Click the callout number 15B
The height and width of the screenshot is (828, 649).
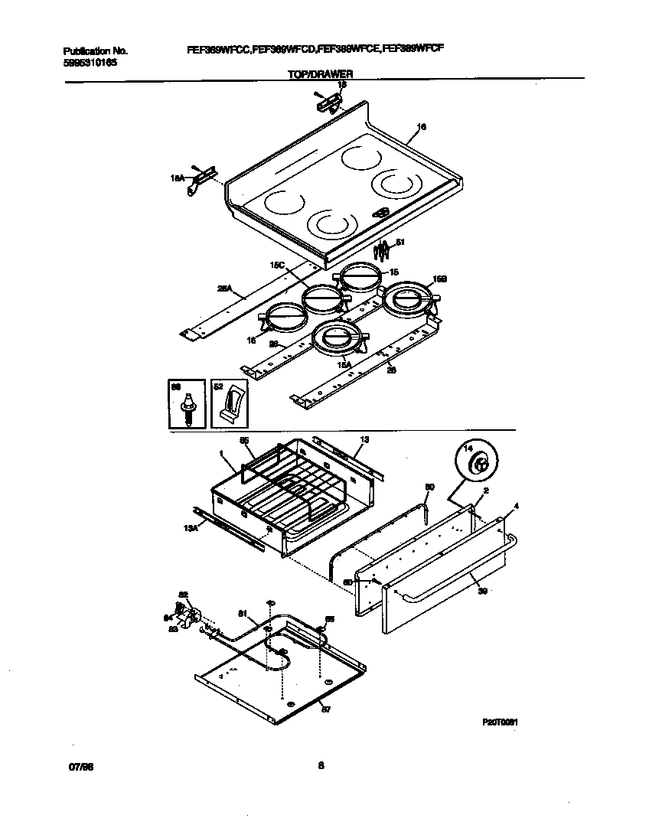tap(440, 280)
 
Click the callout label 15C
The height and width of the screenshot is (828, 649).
tap(278, 266)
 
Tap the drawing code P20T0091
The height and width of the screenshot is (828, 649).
tap(502, 721)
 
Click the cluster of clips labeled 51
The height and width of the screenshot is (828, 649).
tap(381, 249)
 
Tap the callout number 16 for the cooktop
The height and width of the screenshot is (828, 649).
tap(422, 127)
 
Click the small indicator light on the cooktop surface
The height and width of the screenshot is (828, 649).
tap(381, 213)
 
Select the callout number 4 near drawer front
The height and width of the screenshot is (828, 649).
tap(517, 506)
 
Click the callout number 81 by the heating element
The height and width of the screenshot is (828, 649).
tap(243, 612)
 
